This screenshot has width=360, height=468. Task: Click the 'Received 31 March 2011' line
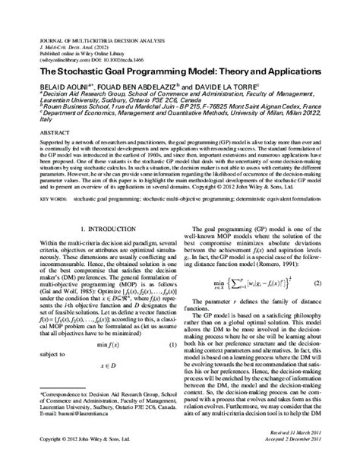tap(305, 454)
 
